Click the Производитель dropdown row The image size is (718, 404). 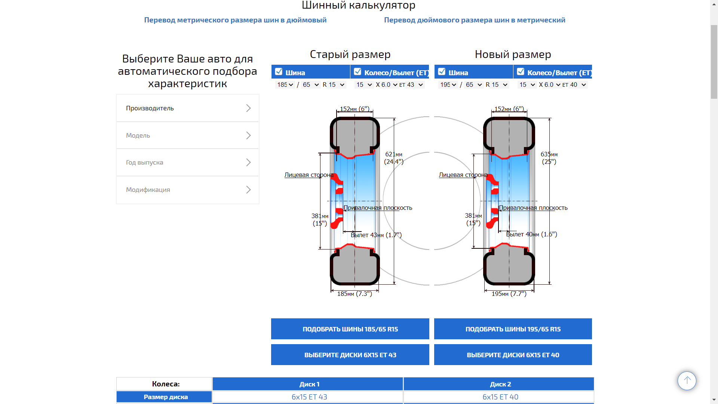coord(187,108)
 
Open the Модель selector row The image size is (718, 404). coord(187,135)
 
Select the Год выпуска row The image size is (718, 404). coord(187,162)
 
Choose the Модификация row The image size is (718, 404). coord(187,190)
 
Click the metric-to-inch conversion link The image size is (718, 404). coord(235,20)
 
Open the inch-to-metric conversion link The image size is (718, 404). coord(475,20)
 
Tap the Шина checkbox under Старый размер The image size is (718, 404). coord(279,71)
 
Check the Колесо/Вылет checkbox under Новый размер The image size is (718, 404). coord(521,71)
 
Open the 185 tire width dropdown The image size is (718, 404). coord(285,85)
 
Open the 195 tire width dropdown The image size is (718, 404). coord(448,85)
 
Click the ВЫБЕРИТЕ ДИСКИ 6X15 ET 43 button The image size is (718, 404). coord(350,355)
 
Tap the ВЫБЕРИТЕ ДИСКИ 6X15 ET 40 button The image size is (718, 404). coord(513,355)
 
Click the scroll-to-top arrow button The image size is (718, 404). coord(687,381)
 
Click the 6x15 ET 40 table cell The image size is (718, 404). coord(500,397)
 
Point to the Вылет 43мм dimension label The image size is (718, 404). coord(376,235)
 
